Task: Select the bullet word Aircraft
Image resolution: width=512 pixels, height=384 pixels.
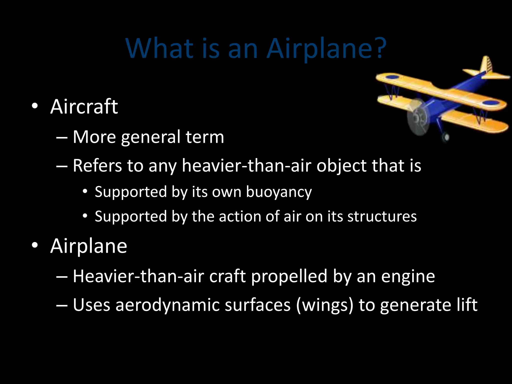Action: pos(84,107)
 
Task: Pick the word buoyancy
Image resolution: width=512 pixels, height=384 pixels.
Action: pos(279,192)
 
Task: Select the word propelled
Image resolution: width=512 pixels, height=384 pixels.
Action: pos(289,276)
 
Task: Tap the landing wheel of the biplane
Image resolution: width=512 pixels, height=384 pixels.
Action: pos(446,137)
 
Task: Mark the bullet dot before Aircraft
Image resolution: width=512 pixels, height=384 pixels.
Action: pos(35,106)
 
